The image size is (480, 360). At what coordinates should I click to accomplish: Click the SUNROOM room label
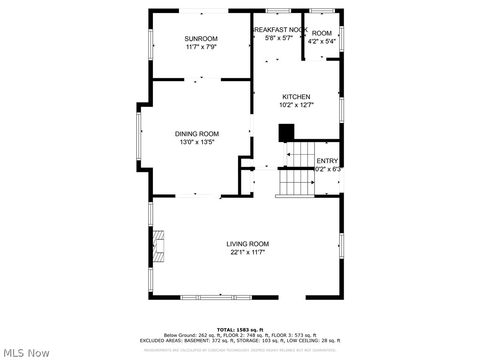coord(201,39)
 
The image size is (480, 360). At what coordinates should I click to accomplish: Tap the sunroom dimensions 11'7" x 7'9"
coord(201,47)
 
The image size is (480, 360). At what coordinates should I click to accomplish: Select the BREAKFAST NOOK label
coord(279,30)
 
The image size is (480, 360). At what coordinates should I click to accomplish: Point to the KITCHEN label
coord(296,97)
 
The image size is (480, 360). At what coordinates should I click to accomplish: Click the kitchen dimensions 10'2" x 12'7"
coord(296,105)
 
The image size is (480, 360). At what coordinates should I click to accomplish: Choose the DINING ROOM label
coord(197,134)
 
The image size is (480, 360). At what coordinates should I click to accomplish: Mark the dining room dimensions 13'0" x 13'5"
coord(197,142)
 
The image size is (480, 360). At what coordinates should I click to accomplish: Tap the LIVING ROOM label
coord(247,244)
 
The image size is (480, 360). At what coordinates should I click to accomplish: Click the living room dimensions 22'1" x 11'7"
coord(247,252)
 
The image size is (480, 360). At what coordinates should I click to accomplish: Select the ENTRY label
coord(327,161)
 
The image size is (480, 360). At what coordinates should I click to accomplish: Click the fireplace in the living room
coord(159,246)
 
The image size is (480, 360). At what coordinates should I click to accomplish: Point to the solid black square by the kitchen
coord(286,133)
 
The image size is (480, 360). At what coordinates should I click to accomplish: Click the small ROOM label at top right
coord(322,33)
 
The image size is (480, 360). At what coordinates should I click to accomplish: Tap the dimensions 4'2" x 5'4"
coord(322,41)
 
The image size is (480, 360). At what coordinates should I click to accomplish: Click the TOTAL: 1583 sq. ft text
coord(240,330)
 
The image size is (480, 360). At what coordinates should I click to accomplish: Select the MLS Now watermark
coord(26,352)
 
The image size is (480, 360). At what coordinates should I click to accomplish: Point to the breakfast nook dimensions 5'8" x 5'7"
coord(279,38)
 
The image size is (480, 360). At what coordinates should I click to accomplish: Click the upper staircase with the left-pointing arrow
coord(300,154)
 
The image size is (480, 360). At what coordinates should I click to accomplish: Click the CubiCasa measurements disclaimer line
coord(240,350)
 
